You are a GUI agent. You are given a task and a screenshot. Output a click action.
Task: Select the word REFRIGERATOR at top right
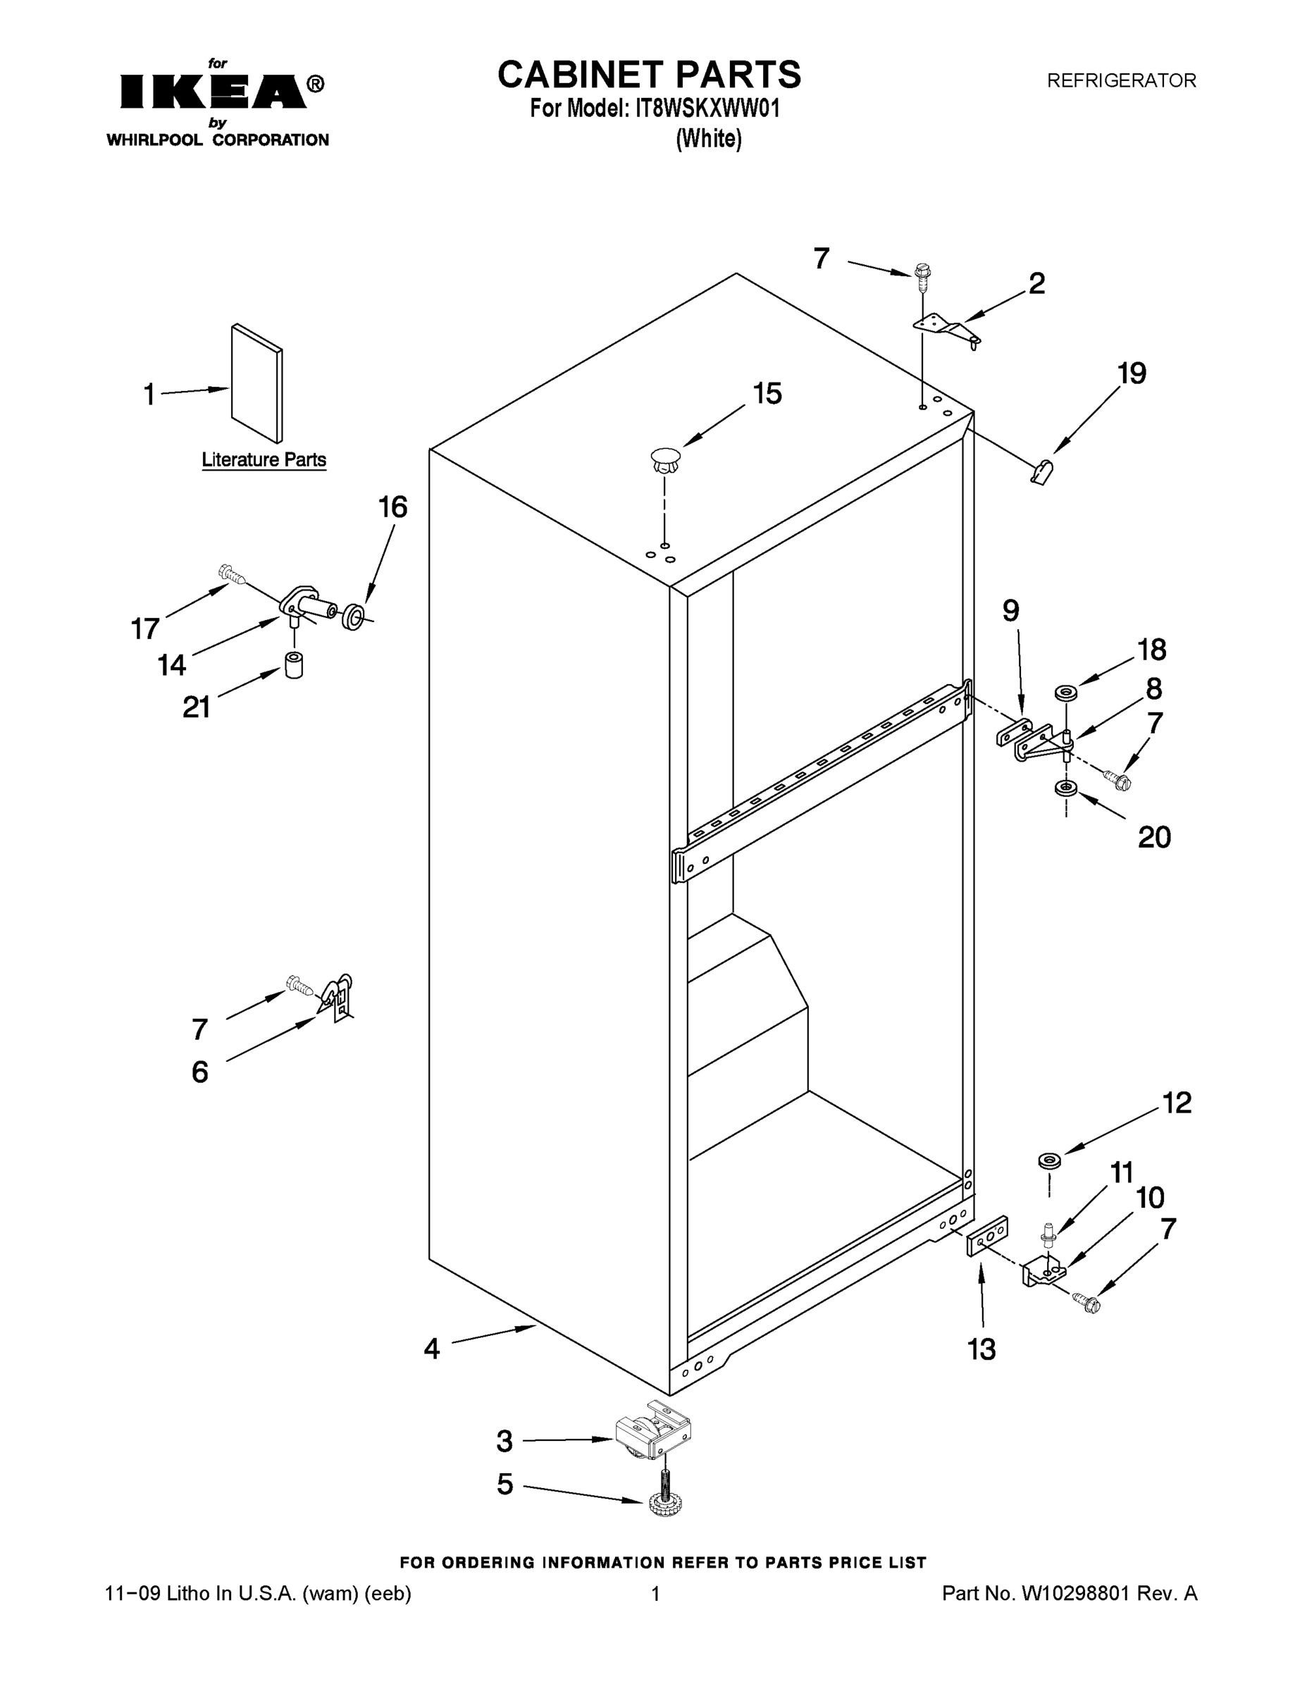(x=1121, y=80)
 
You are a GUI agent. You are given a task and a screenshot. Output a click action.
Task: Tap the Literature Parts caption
(x=264, y=460)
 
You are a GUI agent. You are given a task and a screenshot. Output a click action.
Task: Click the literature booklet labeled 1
(x=257, y=383)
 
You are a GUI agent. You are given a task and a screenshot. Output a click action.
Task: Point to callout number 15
(x=767, y=393)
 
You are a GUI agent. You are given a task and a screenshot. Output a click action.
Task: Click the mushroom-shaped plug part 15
(x=664, y=462)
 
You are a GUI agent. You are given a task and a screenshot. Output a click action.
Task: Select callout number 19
(x=1132, y=374)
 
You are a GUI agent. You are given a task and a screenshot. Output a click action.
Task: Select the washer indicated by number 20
(x=1065, y=789)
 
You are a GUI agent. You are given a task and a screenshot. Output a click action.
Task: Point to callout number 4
(x=431, y=1349)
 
